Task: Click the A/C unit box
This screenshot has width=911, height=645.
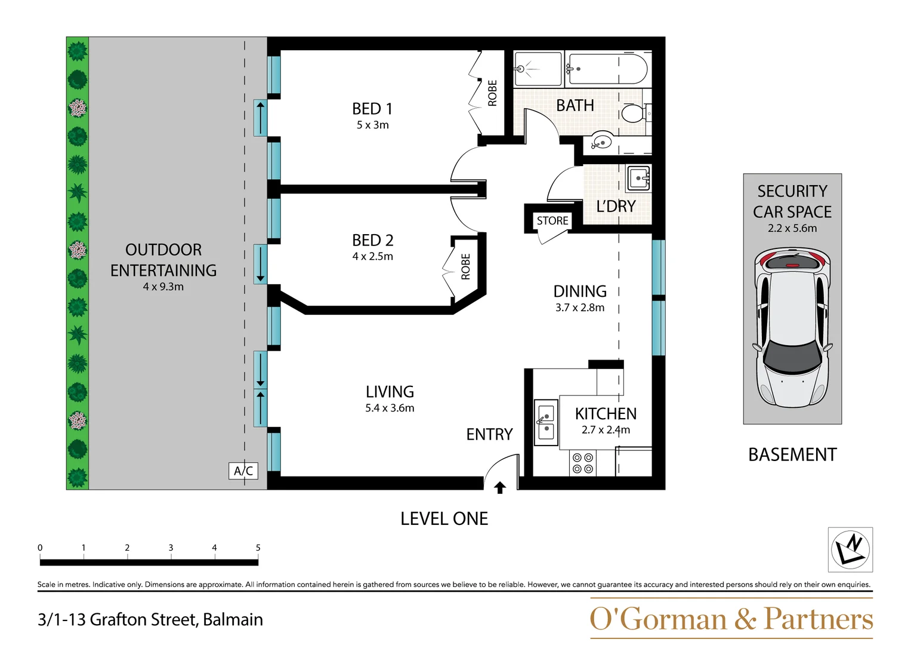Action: coord(243,471)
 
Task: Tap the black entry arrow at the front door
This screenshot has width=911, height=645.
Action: coord(500,488)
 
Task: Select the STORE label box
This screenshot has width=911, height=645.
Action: coord(552,220)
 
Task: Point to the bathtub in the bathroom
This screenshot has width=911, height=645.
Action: coord(607,69)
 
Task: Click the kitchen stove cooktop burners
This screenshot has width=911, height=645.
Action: coord(583,463)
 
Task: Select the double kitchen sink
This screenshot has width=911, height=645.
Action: coord(546,422)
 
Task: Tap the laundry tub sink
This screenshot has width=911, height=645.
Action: coord(638,177)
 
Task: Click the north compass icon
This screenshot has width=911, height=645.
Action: coord(850,549)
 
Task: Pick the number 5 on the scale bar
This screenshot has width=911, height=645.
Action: coord(258,548)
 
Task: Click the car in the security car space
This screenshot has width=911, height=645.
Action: coord(792,328)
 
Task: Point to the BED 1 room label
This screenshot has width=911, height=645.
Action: coord(372,109)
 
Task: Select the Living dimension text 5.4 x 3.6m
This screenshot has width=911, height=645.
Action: coord(390,408)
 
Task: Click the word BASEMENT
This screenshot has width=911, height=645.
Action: coord(792,454)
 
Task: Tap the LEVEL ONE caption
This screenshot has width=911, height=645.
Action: coord(444,518)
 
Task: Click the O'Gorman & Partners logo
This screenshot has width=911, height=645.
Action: coord(731,619)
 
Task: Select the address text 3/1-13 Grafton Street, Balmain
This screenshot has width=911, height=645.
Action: coord(150,619)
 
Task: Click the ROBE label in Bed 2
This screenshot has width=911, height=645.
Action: coord(466,266)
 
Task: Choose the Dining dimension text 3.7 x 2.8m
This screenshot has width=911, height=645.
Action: coord(579,308)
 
